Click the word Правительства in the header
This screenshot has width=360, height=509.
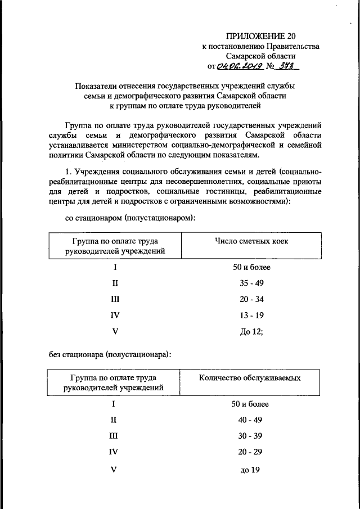[292, 47]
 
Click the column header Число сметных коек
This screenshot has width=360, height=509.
[251, 241]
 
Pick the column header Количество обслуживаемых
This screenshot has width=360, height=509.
[250, 377]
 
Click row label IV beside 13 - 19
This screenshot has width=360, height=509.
[115, 316]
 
